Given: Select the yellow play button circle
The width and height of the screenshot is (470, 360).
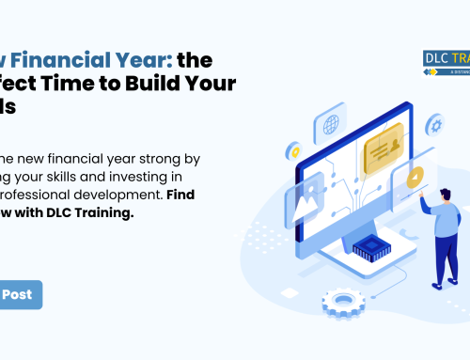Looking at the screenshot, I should click(414, 179).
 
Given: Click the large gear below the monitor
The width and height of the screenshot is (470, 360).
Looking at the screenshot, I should click(342, 304).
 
